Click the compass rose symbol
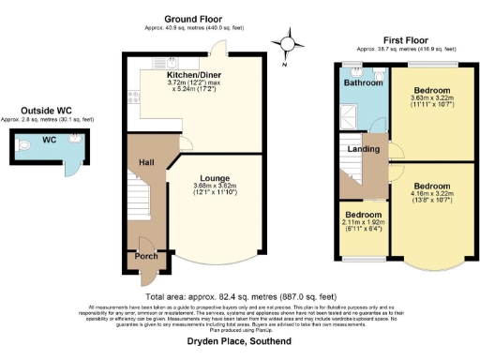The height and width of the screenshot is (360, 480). tap(291, 42)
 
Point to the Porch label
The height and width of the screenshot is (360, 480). tap(146, 256)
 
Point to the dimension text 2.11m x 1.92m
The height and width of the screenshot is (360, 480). tap(360, 222)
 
